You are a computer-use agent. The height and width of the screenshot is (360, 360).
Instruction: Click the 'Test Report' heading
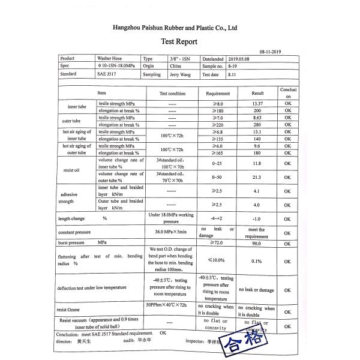179,42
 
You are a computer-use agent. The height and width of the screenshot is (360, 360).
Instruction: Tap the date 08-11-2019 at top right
272,52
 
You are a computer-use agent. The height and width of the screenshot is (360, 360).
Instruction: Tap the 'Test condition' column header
172,94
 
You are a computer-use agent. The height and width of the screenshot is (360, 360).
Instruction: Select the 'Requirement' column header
218,94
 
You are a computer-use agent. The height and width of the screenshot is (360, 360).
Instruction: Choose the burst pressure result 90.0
257,244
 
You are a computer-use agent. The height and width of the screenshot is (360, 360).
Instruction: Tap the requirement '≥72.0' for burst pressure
218,244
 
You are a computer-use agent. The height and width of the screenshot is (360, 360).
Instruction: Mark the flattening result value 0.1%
257,261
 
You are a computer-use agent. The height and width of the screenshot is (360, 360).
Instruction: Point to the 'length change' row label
72,218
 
